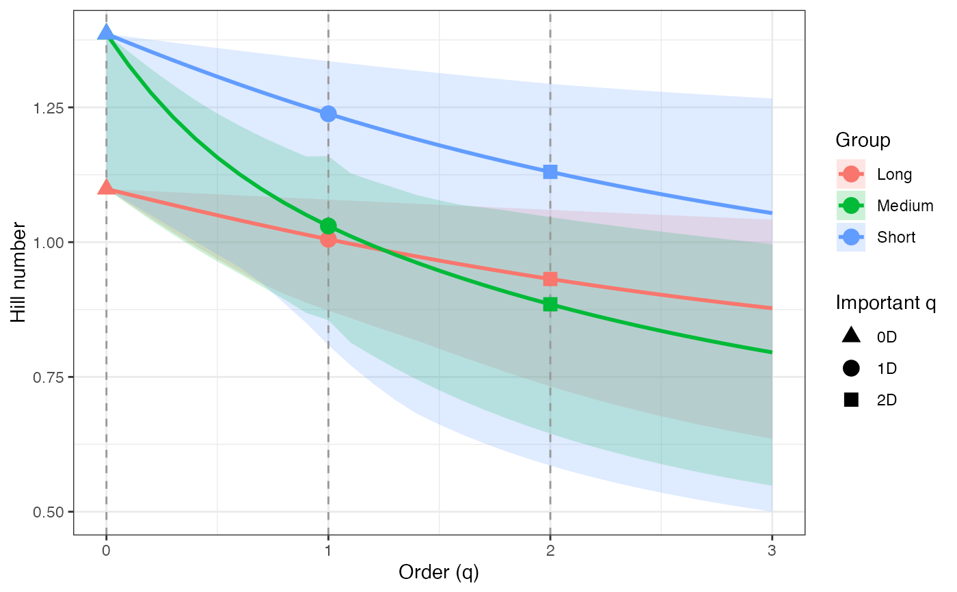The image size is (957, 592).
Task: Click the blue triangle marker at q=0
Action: point(106,33)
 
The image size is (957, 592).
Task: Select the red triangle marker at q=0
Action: point(106,187)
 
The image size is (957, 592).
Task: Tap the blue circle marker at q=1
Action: point(328,113)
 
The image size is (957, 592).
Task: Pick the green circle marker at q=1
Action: point(328,226)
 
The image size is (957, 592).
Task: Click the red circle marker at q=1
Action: point(328,239)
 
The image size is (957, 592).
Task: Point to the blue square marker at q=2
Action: point(550,172)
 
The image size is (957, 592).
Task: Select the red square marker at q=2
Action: point(550,279)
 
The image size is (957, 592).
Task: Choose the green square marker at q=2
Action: point(550,304)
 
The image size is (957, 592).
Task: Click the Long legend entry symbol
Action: point(851,174)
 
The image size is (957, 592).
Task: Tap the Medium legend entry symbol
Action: point(851,205)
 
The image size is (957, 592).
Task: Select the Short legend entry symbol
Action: point(851,237)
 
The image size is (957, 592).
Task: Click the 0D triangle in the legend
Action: point(851,336)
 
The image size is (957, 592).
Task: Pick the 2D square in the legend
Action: point(851,400)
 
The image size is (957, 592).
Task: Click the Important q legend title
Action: point(885,303)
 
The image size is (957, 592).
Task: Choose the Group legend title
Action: point(863,141)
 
